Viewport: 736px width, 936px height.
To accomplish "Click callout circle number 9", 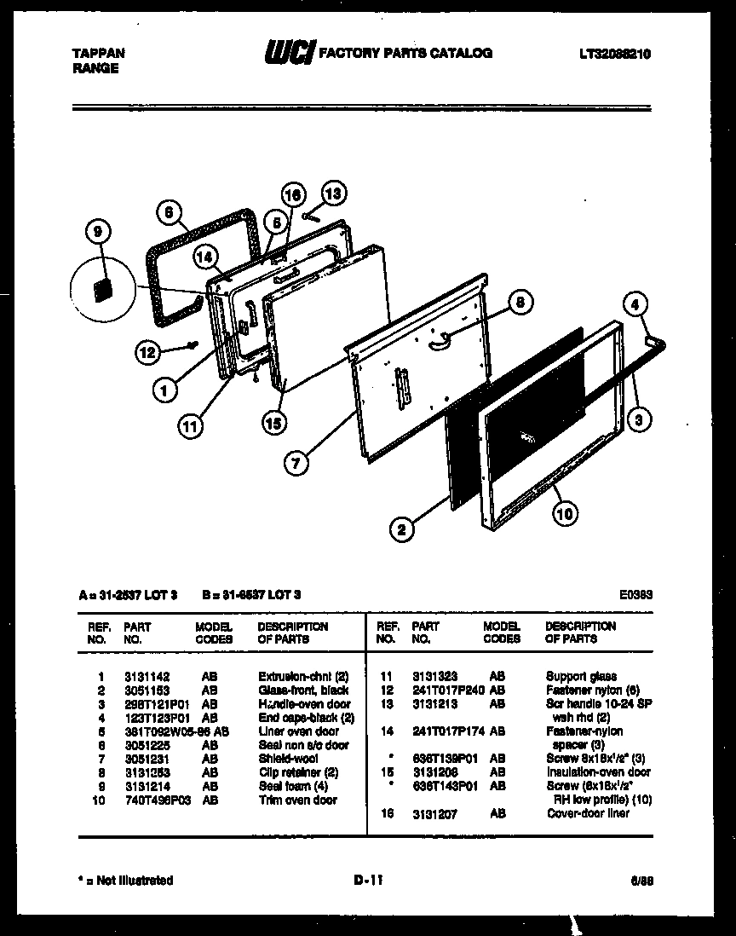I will (x=99, y=231).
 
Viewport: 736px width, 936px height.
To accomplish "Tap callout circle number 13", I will (x=334, y=194).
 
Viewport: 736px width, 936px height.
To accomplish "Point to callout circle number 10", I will (x=564, y=512).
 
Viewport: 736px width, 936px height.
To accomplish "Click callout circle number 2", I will (x=401, y=530).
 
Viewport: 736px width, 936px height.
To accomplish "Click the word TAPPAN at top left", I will (x=98, y=53).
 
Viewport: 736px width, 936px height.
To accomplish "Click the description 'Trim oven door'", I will (x=297, y=800).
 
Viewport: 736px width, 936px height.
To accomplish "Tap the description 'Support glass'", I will (x=581, y=677).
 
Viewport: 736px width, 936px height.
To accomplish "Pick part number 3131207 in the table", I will (x=434, y=814).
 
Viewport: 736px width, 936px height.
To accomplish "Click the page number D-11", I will (x=368, y=881).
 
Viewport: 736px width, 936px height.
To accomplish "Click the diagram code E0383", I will (x=636, y=596).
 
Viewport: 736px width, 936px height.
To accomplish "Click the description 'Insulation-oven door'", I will (x=598, y=772).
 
